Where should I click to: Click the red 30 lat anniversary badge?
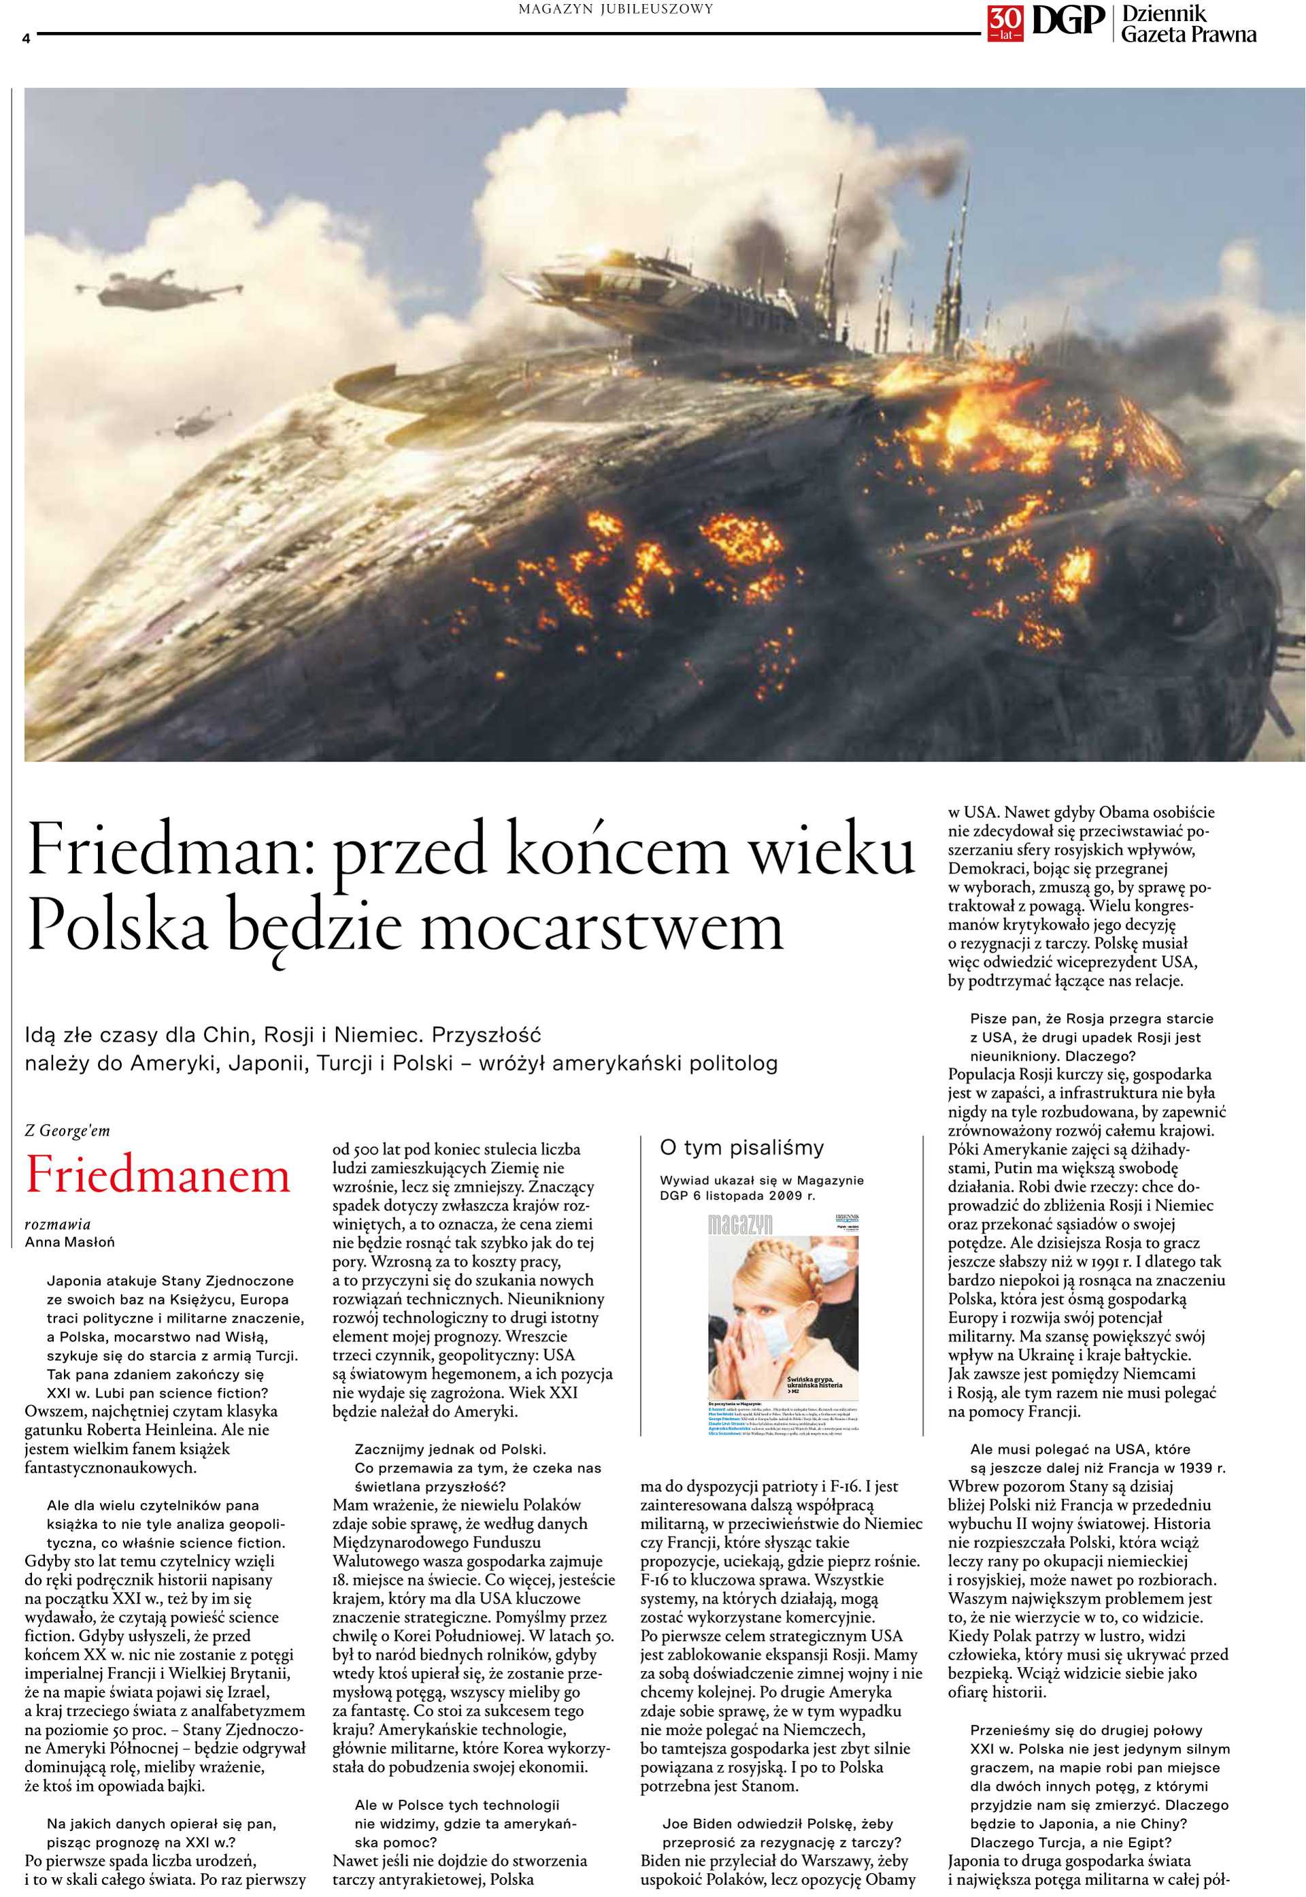(x=1005, y=24)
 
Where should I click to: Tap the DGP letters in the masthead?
(x=1067, y=21)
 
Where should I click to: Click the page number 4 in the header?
(x=26, y=37)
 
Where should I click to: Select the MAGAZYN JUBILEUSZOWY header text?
(x=616, y=9)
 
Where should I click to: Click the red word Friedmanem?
(x=158, y=1175)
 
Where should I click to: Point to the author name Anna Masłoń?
(x=69, y=1242)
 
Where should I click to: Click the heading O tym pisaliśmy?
(x=741, y=1147)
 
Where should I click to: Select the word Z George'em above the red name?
(x=67, y=1130)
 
